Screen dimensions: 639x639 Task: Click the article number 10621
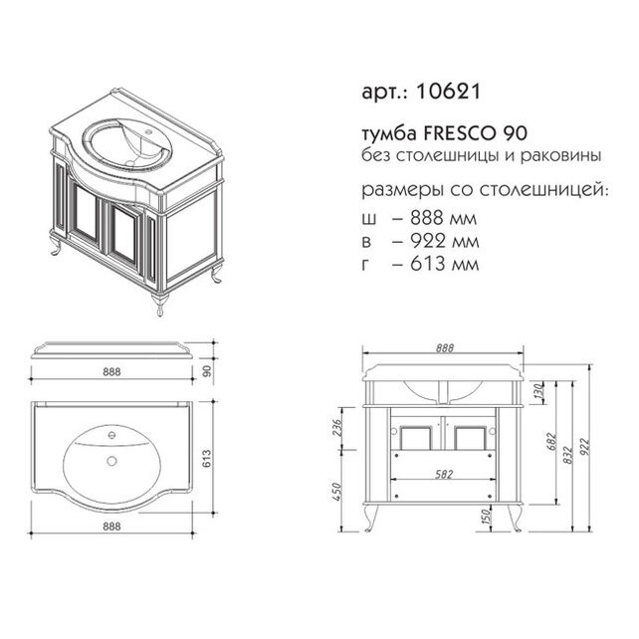tap(448, 92)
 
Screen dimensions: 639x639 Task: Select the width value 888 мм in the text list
tap(443, 218)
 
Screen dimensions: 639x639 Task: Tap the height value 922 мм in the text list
tap(445, 241)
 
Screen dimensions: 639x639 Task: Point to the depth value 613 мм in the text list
tap(444, 264)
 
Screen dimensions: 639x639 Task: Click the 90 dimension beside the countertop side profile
tap(207, 371)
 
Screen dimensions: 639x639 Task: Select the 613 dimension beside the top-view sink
tap(207, 459)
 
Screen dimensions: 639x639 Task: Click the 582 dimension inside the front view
tap(444, 475)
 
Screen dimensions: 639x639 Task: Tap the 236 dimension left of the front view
tap(337, 428)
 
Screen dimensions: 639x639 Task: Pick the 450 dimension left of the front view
tap(336, 492)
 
